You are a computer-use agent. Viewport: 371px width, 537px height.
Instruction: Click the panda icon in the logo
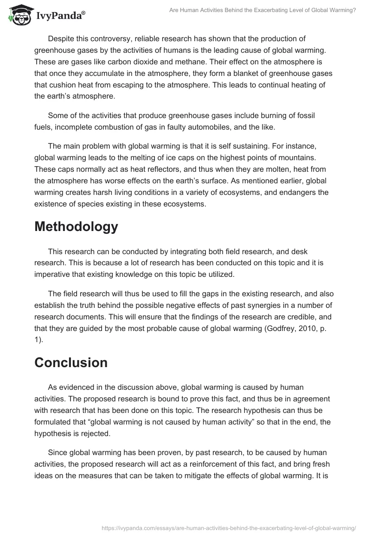[x=18, y=16]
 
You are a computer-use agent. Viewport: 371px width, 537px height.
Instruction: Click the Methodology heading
[x=76, y=227]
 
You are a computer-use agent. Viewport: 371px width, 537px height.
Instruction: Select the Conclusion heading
[x=71, y=362]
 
